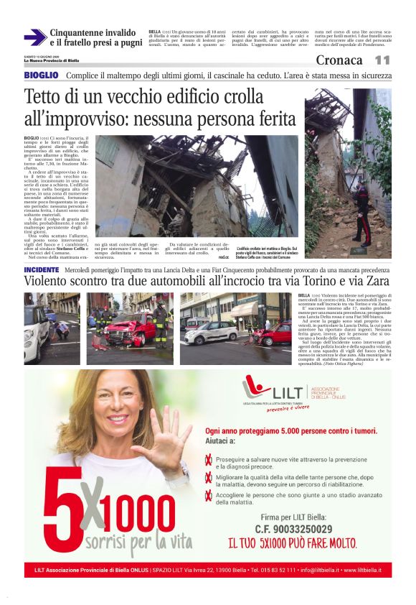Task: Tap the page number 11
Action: pos(382,60)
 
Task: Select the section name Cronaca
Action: pos(339,60)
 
